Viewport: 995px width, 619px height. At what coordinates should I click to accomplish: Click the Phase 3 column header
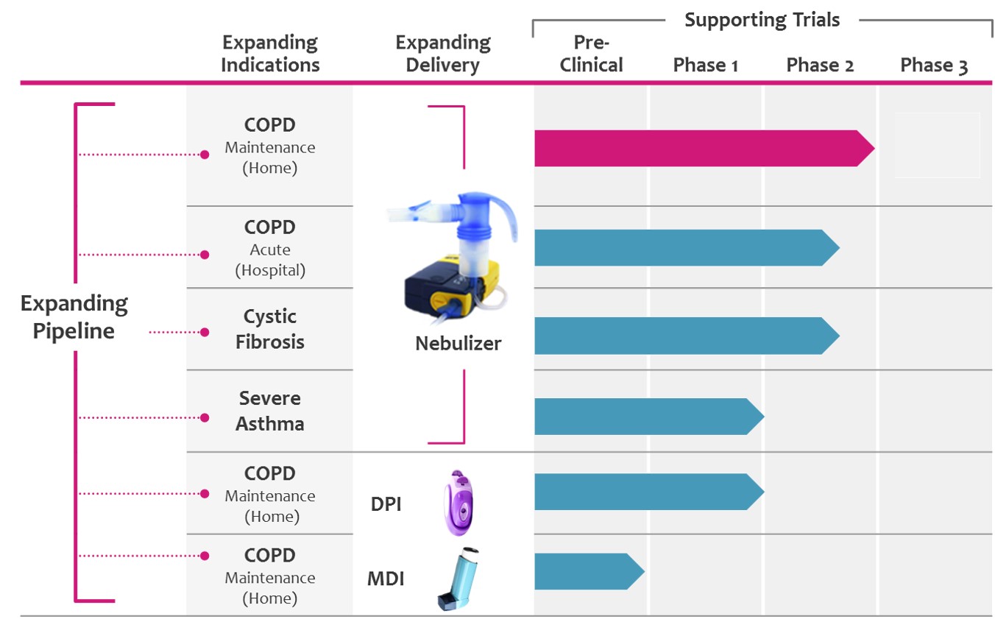click(934, 66)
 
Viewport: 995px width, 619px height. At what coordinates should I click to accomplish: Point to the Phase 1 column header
click(705, 66)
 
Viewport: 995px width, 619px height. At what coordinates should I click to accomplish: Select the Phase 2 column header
click(820, 66)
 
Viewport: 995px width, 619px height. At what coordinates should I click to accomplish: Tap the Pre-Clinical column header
click(591, 54)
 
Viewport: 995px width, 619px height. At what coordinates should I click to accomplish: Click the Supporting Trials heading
click(762, 20)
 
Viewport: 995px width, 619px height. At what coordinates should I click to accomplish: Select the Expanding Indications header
click(270, 54)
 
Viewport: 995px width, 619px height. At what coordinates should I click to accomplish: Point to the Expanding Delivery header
click(442, 54)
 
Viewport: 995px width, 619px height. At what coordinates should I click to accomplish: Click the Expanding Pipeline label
click(74, 317)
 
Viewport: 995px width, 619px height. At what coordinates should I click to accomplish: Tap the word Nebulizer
click(458, 343)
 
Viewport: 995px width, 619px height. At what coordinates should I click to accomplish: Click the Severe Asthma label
click(271, 411)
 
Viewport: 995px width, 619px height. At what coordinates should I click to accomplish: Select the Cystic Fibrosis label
click(270, 329)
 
